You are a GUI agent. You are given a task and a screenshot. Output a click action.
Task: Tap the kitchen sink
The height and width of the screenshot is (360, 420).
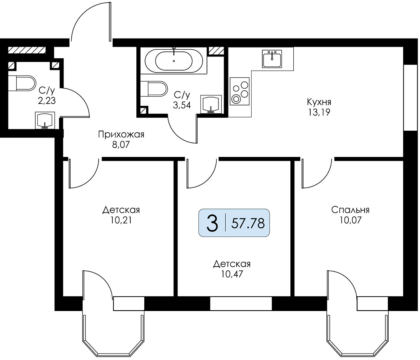click(x=272, y=59)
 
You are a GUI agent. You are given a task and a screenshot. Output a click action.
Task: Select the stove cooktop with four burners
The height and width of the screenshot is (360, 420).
click(x=240, y=91)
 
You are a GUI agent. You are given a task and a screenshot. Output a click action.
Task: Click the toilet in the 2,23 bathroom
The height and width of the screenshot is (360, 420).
click(x=22, y=83)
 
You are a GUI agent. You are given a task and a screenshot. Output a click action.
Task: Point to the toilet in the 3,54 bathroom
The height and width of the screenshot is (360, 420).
click(x=154, y=89)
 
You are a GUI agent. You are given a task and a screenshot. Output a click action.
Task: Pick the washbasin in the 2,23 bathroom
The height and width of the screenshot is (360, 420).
click(x=45, y=121)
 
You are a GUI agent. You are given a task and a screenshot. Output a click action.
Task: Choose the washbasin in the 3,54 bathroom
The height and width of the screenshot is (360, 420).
click(x=211, y=104)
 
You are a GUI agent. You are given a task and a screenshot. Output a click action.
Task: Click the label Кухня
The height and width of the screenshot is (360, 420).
click(x=319, y=102)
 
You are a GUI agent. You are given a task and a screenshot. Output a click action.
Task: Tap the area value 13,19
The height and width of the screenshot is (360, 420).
click(x=319, y=112)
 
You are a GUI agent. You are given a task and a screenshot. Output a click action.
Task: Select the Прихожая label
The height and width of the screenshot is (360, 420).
click(x=121, y=134)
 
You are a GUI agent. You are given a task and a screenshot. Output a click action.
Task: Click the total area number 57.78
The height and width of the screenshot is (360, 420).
click(x=248, y=223)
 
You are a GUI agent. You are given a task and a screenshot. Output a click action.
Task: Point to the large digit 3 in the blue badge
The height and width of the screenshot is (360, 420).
click(x=212, y=223)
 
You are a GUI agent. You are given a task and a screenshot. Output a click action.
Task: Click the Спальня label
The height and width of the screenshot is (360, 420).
click(x=350, y=210)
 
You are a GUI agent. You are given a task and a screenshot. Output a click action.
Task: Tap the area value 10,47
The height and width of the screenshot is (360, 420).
click(x=232, y=274)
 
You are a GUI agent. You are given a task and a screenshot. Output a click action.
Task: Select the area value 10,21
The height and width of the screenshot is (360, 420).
click(x=121, y=220)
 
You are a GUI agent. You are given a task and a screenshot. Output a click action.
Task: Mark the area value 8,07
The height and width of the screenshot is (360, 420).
click(x=121, y=145)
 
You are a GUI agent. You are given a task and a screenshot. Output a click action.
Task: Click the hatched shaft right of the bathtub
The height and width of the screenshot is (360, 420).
click(x=216, y=51)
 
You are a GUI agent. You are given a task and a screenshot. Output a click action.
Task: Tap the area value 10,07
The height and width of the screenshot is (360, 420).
click(x=351, y=220)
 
